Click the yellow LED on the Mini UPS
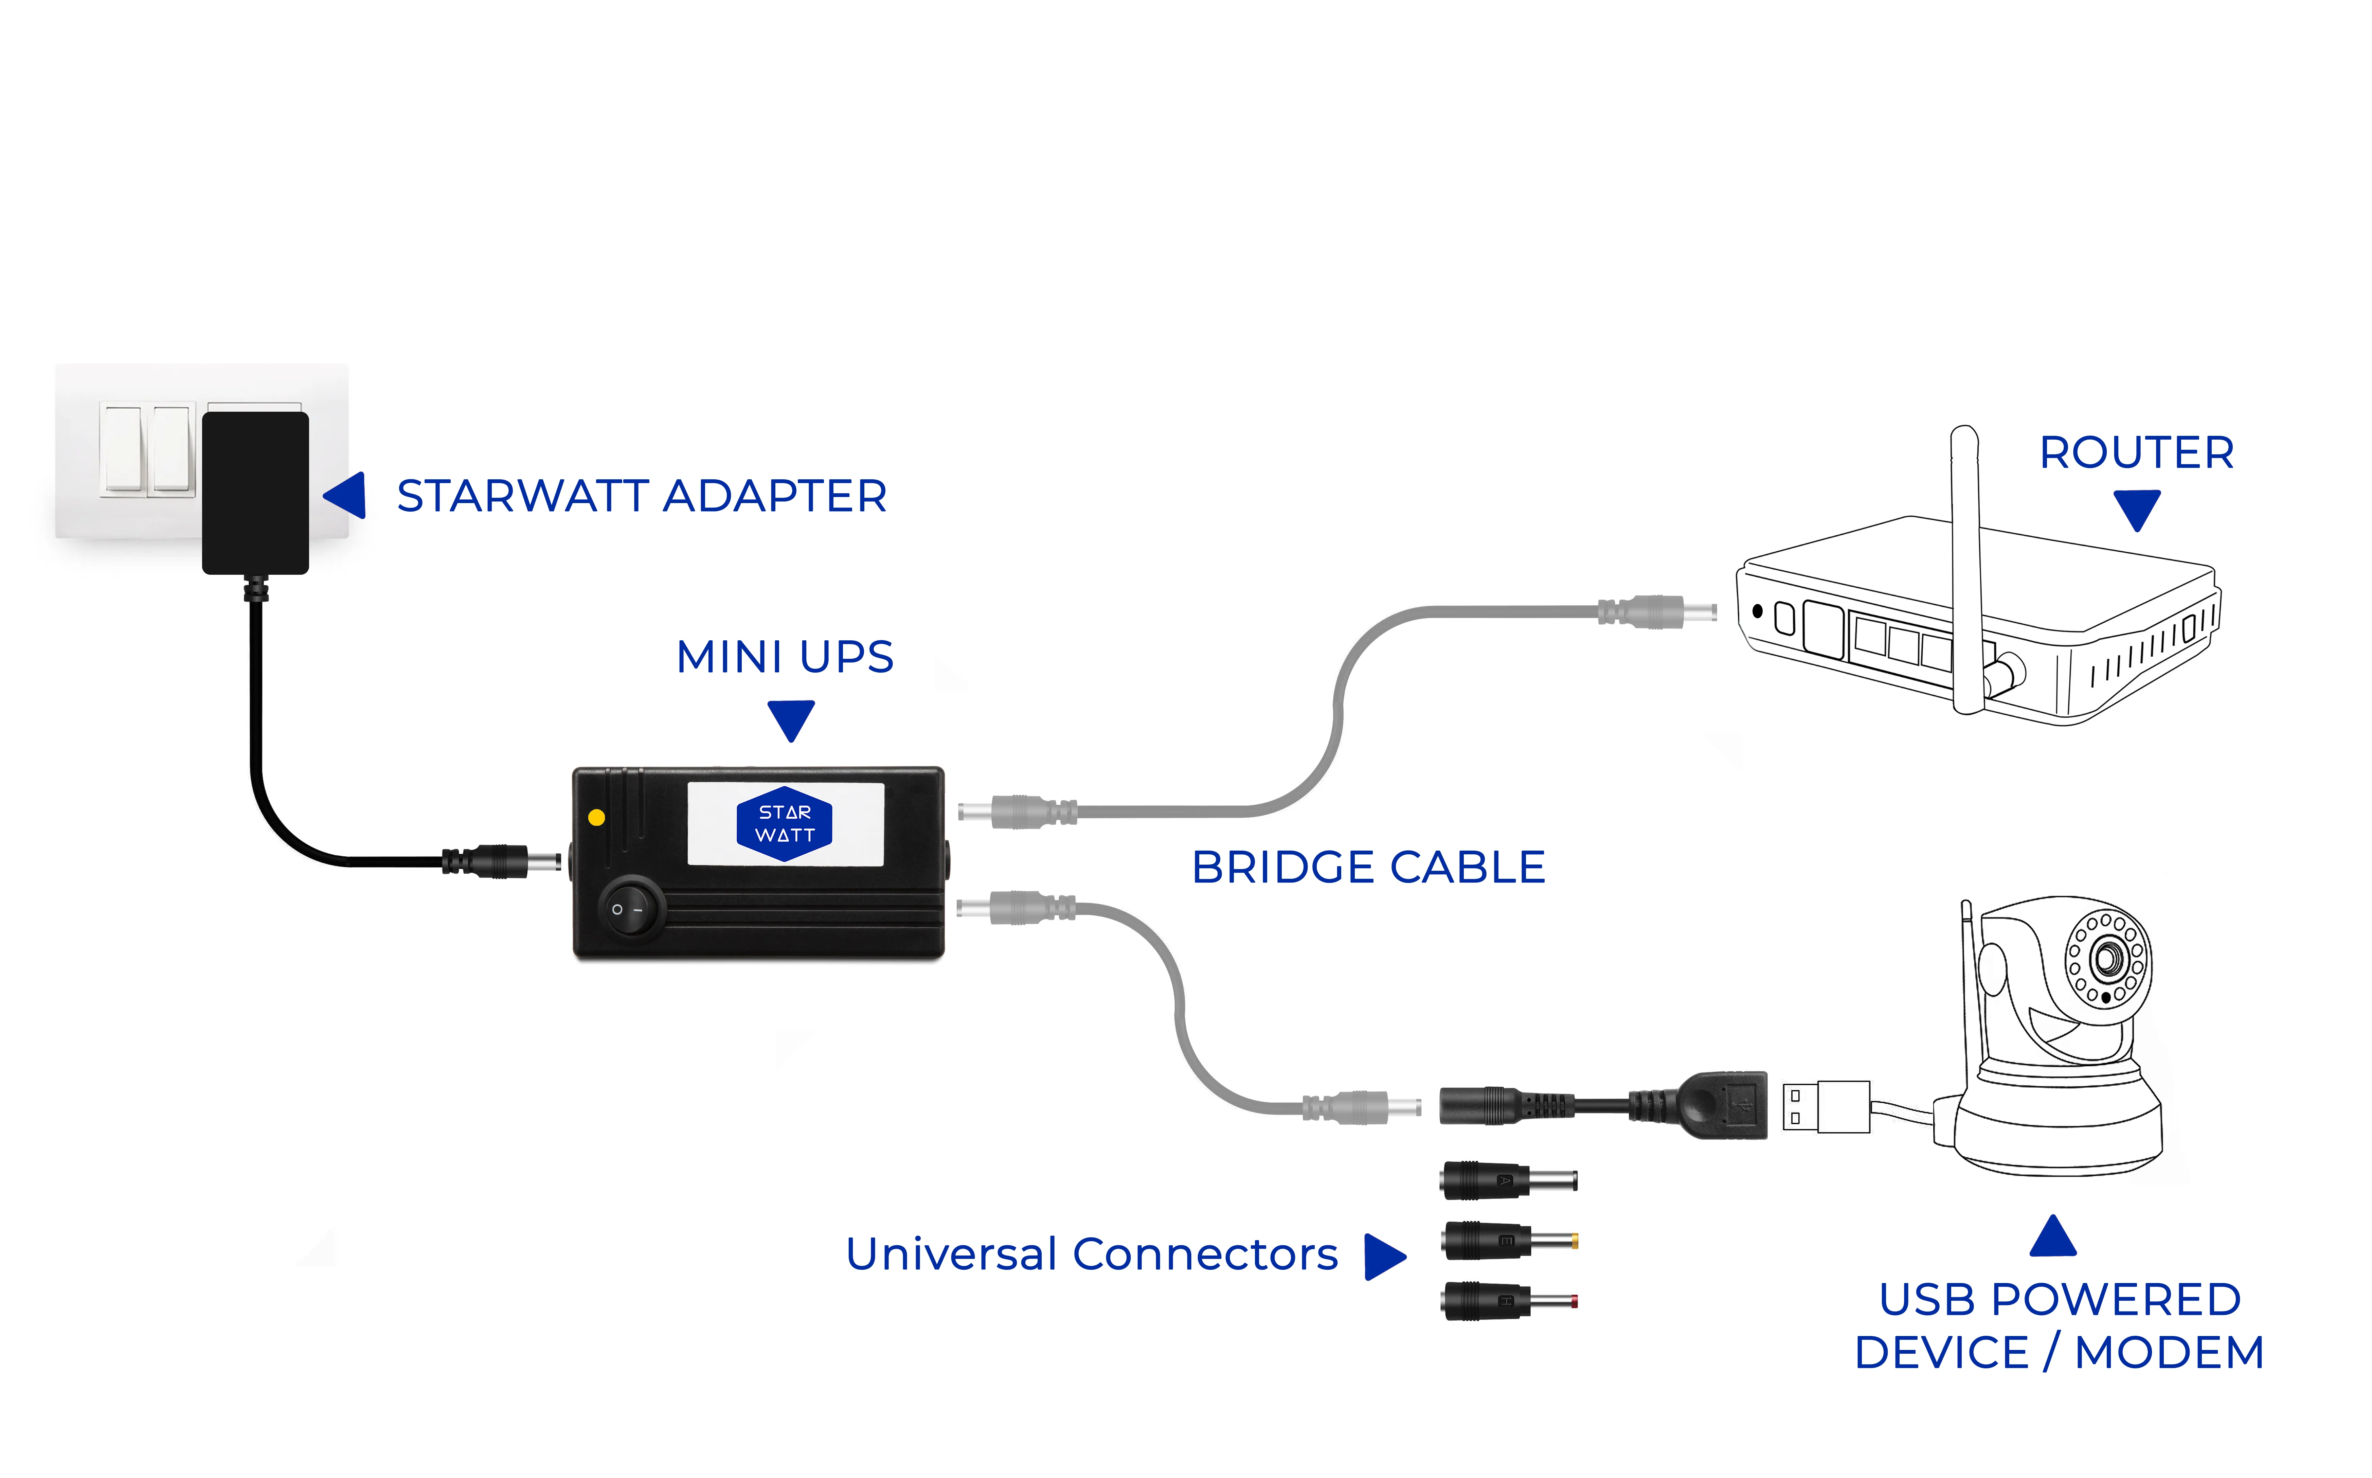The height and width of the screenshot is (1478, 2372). [x=596, y=817]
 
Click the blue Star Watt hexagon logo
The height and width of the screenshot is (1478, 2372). [x=784, y=824]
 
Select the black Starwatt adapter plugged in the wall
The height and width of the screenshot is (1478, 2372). [x=255, y=492]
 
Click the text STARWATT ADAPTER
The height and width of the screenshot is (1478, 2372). [x=641, y=497]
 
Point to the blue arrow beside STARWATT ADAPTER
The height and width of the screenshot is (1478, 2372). [x=347, y=496]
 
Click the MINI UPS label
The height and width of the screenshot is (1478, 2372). [x=785, y=657]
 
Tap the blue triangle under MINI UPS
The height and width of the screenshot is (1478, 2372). [x=791, y=718]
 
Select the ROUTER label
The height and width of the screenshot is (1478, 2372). [x=2136, y=452]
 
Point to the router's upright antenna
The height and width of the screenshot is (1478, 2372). [x=1965, y=567]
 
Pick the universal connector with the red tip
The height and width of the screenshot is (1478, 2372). [x=1508, y=1301]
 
